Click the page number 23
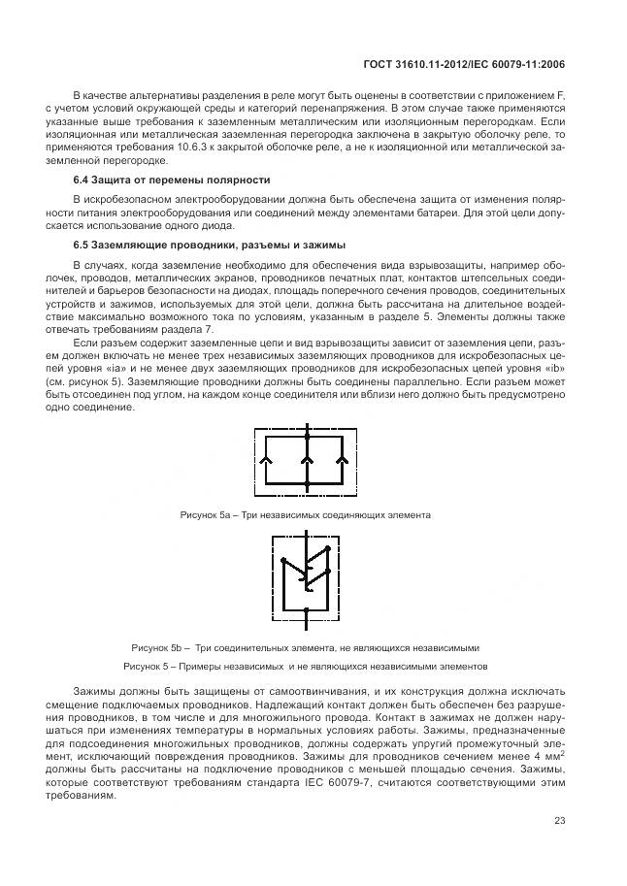559,821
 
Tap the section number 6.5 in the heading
82,245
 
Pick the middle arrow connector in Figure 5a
306,447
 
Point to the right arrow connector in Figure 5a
343,447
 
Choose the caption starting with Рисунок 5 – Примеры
305,667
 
